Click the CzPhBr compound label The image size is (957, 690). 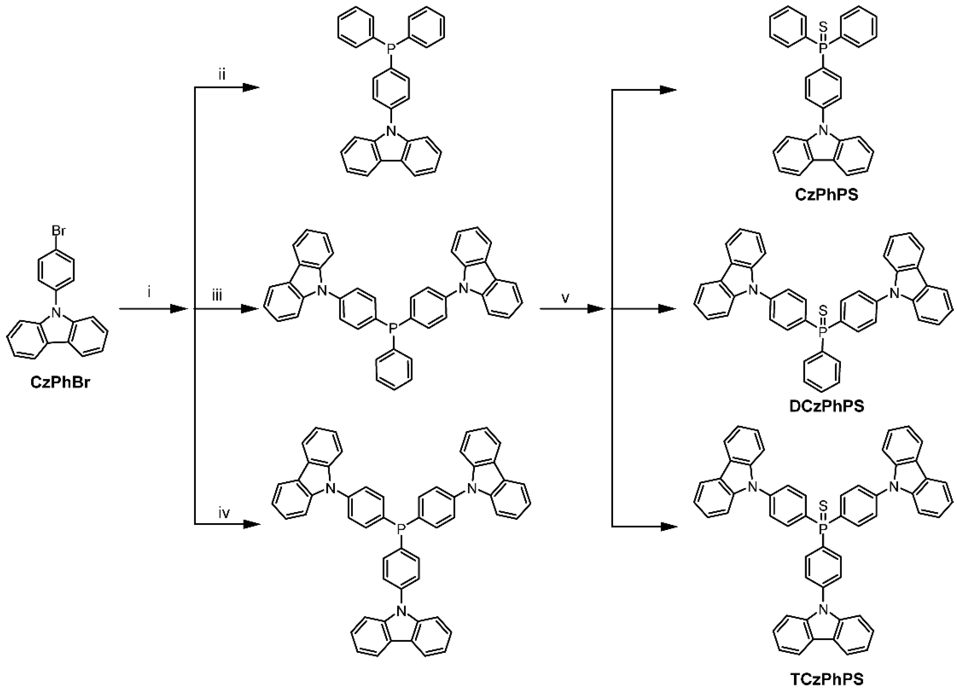pyautogui.click(x=60, y=383)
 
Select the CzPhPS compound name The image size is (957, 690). pyautogui.click(x=821, y=196)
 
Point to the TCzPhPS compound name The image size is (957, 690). pyautogui.click(x=821, y=679)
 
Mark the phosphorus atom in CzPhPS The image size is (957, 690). pyautogui.click(x=821, y=50)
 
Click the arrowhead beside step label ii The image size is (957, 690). pyautogui.click(x=251, y=87)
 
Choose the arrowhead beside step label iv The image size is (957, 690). pyautogui.click(x=251, y=524)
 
